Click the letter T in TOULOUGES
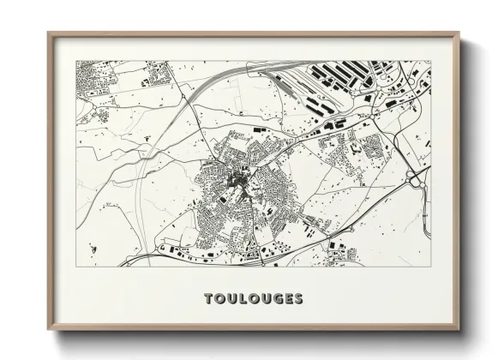click(208, 298)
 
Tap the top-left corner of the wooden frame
click(49, 34)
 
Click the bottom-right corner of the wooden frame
click(458, 330)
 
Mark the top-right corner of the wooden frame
click(458, 34)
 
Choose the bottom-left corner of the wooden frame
click(49, 330)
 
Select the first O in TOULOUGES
click(219, 298)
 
